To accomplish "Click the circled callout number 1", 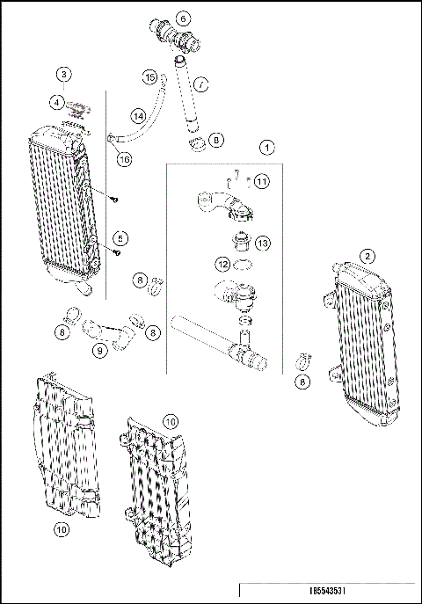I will click(x=267, y=147).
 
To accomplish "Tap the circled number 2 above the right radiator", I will click(x=369, y=255).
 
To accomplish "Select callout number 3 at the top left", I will click(x=64, y=75).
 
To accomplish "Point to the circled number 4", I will click(x=56, y=102).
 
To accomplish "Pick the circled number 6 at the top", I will click(x=182, y=18).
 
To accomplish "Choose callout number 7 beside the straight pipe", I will click(x=201, y=84).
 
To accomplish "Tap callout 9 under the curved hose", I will click(x=99, y=350).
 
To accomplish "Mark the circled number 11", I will click(x=262, y=181).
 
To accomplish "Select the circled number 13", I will click(x=263, y=241).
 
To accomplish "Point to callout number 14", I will click(x=138, y=115).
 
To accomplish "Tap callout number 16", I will click(x=123, y=159).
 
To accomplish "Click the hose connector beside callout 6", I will click(x=173, y=38).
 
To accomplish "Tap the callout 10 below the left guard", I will click(x=60, y=528).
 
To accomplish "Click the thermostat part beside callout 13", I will click(x=237, y=240).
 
